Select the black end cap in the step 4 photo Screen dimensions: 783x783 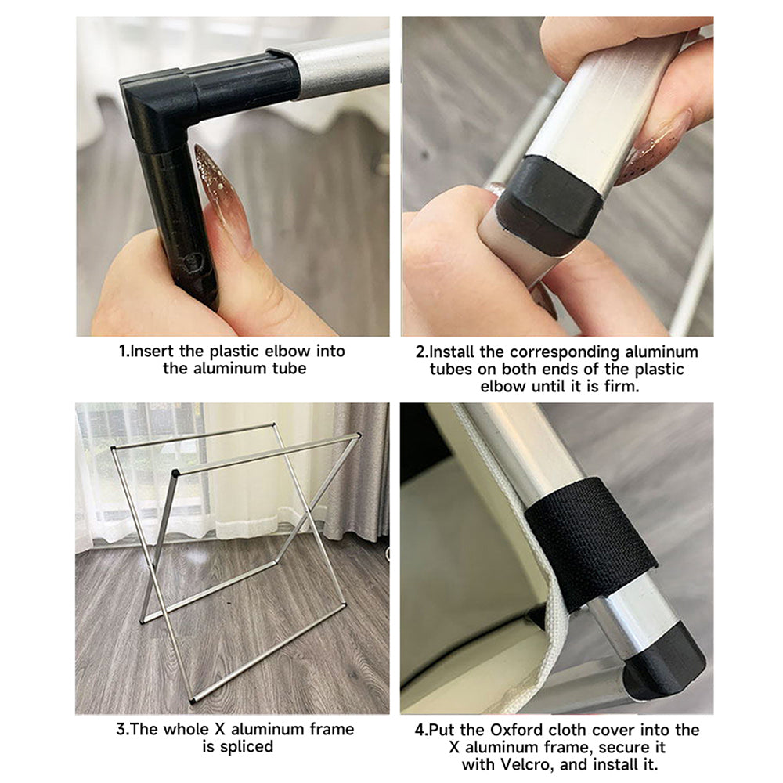click(665, 660)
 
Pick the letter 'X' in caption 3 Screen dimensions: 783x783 click(220, 729)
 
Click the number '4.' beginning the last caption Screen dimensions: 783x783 click(421, 730)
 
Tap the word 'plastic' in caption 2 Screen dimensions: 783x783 click(659, 370)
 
